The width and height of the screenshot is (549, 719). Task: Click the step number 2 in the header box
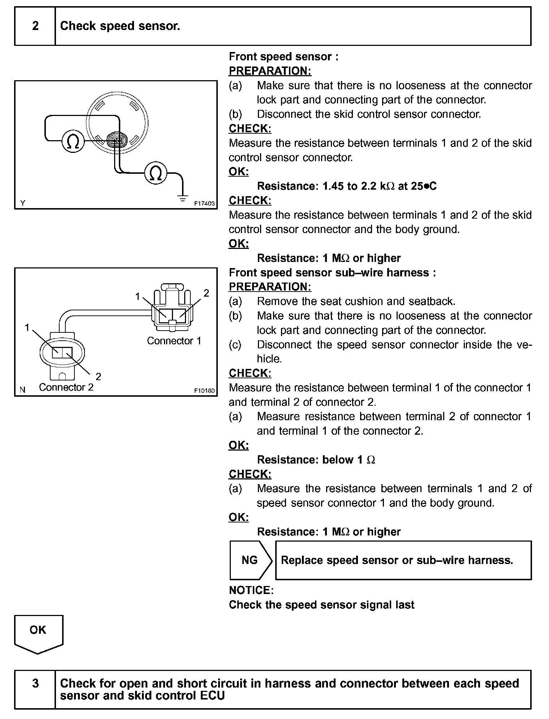(x=35, y=26)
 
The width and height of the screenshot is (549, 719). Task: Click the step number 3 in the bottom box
(x=35, y=683)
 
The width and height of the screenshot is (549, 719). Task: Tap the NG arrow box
(x=250, y=560)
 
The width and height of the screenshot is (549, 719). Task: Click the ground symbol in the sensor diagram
(x=183, y=198)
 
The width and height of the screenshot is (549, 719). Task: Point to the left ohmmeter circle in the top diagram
(x=73, y=141)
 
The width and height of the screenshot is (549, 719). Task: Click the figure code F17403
(x=204, y=203)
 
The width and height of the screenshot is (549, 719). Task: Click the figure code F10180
(x=204, y=391)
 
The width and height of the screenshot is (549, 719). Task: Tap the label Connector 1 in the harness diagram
(x=174, y=341)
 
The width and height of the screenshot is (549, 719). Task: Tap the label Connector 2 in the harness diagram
(x=66, y=387)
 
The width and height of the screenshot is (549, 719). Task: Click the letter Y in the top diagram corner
(x=23, y=203)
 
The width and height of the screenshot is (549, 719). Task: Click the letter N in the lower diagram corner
(x=23, y=390)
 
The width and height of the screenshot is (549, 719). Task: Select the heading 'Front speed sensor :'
(x=284, y=56)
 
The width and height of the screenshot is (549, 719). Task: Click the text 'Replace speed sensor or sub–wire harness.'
(x=397, y=560)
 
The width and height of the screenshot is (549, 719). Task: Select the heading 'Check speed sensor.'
(x=120, y=26)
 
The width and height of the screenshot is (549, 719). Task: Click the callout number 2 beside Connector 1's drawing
(x=206, y=293)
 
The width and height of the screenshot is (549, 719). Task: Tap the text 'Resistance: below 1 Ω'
(x=316, y=460)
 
